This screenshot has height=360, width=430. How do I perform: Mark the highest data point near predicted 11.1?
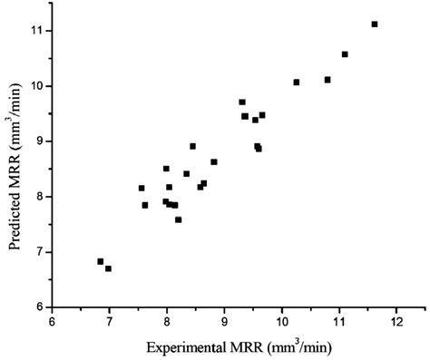pyautogui.click(x=375, y=24)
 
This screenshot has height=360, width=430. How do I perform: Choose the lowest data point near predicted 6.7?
pyautogui.click(x=109, y=268)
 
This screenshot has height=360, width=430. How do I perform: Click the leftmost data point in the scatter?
pyautogui.click(x=101, y=261)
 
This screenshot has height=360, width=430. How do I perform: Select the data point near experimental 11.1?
pyautogui.click(x=345, y=54)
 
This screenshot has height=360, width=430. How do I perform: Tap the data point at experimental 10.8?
pyautogui.click(x=327, y=80)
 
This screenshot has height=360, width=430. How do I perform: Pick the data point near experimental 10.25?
pyautogui.click(x=297, y=83)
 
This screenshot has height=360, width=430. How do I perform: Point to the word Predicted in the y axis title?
pyautogui.click(x=15, y=195)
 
